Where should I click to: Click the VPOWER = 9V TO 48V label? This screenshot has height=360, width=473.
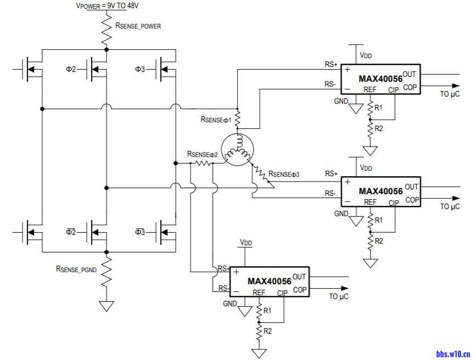click(x=108, y=5)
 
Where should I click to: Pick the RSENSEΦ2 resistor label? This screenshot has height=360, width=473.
click(x=202, y=155)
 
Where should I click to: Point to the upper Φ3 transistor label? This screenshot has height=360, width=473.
click(x=140, y=69)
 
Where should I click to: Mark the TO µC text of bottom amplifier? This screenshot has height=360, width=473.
click(x=339, y=297)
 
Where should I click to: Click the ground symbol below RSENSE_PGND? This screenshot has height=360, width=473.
click(x=106, y=306)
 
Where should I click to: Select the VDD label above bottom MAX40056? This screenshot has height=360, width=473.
click(x=246, y=242)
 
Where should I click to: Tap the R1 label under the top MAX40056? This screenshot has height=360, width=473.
click(x=378, y=108)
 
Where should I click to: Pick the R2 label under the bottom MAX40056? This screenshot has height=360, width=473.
click(x=267, y=331)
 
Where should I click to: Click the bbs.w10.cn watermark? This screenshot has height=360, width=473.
click(x=453, y=354)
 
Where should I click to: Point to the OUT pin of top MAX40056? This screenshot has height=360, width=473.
click(x=409, y=74)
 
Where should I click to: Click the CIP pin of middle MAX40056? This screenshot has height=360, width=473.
click(x=393, y=203)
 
